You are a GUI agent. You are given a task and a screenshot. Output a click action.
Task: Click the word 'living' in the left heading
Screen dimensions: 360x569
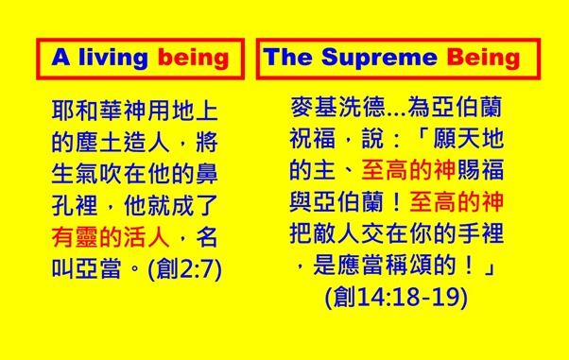[x=112, y=58]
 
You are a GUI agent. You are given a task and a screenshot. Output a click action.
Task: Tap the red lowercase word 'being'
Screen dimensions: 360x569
[x=194, y=58]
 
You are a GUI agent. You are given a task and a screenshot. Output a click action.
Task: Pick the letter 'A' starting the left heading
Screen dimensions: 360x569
[x=60, y=58]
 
